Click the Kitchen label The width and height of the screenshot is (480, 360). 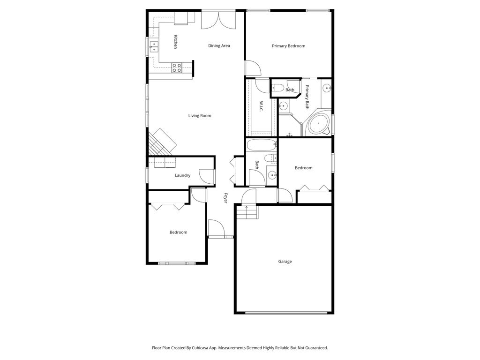175,42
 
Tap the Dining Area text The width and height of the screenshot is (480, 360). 219,45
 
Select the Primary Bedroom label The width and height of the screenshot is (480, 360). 289,46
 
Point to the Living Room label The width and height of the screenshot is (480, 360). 200,115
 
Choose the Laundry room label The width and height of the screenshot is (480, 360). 182,175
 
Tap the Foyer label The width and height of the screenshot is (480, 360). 225,198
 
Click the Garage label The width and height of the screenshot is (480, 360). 285,262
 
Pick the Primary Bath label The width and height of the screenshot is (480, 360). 307,97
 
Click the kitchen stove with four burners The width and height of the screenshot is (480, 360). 177,67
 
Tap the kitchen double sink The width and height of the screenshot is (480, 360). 154,46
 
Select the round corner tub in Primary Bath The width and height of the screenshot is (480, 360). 318,124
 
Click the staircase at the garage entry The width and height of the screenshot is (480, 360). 247,213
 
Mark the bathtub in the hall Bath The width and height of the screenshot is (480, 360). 259,145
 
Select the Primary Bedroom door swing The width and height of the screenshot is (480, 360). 253,68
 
